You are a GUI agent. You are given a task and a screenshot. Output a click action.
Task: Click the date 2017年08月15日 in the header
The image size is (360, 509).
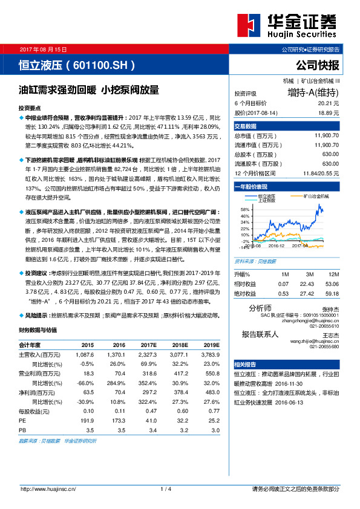click(x=44, y=48)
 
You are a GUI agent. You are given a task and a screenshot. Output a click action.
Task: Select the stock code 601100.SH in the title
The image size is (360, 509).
click(x=101, y=63)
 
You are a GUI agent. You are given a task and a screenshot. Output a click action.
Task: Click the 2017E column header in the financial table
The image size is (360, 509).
click(x=149, y=344)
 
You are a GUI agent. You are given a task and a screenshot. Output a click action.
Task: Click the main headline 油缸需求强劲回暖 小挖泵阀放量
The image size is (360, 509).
click(x=89, y=90)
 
